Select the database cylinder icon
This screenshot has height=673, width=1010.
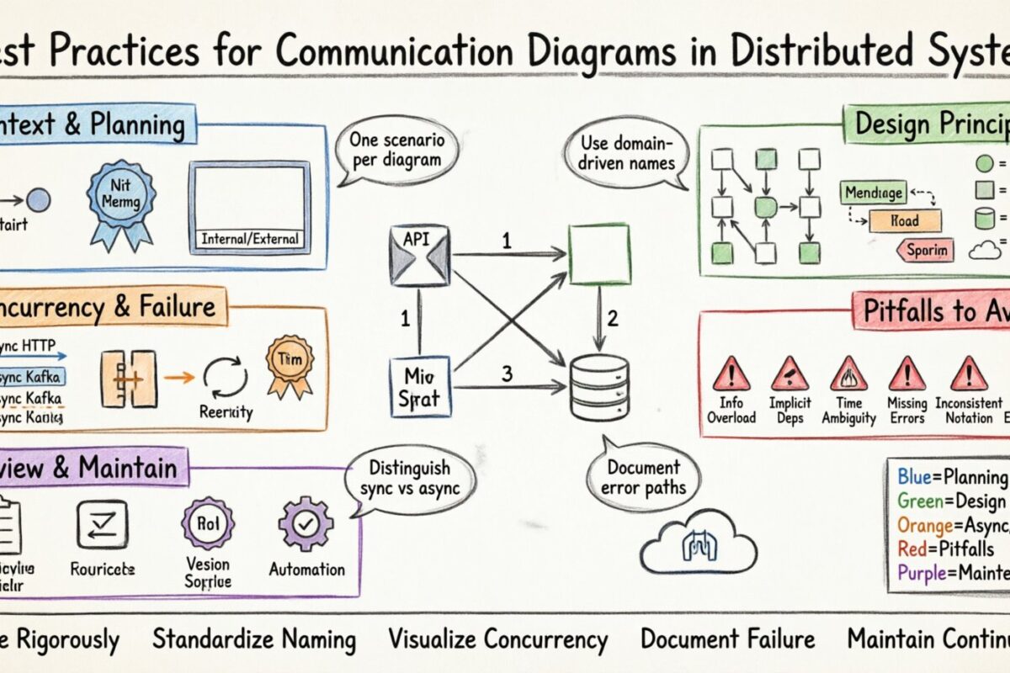598,383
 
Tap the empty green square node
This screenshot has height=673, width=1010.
599,256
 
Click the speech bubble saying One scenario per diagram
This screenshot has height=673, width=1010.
391,149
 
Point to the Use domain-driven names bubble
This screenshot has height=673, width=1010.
628,149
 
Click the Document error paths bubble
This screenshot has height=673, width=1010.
643,477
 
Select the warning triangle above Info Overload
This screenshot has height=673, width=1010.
731,372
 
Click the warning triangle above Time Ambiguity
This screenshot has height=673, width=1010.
848,372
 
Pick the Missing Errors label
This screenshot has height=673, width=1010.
906,411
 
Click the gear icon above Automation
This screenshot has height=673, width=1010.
306,523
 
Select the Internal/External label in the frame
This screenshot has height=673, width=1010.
250,239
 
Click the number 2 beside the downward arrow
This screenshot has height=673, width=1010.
613,318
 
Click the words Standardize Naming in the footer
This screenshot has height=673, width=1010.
253,639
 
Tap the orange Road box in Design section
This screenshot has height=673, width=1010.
905,221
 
